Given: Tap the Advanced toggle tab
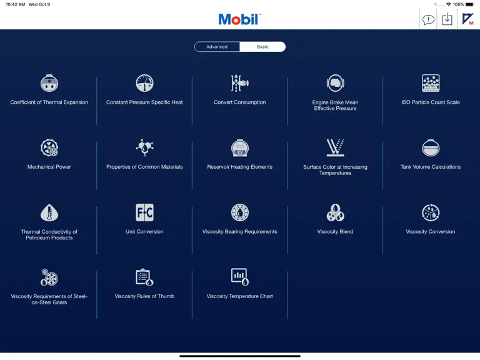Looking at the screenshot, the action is click(x=217, y=47).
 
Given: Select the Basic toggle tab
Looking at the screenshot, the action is click(x=262, y=47).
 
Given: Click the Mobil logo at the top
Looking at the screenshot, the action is click(x=240, y=19).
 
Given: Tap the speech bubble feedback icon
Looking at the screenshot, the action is click(x=428, y=20).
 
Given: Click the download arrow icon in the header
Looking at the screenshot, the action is click(x=447, y=19).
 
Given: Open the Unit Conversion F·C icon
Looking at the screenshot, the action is click(x=144, y=212).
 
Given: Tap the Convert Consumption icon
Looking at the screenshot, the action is click(x=240, y=83).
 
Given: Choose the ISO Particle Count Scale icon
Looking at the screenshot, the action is click(x=431, y=83).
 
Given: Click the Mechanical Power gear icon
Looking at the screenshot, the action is click(x=49, y=147).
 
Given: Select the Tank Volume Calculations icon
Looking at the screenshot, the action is click(x=431, y=147).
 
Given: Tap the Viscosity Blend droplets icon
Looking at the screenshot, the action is click(x=335, y=212).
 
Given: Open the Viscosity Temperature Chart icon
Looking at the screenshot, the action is click(x=240, y=277).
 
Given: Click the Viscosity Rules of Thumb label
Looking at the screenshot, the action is click(x=144, y=296).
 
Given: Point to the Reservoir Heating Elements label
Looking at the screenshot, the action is click(x=240, y=167).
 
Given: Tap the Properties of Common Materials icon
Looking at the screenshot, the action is click(x=144, y=147).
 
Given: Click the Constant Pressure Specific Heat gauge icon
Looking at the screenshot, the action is click(x=144, y=83).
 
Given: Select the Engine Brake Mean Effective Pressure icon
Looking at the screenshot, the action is click(x=335, y=83).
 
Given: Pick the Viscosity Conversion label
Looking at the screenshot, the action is click(x=431, y=232).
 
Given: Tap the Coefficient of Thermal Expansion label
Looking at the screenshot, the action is click(x=49, y=102).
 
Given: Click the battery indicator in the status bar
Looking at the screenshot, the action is click(x=470, y=4).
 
